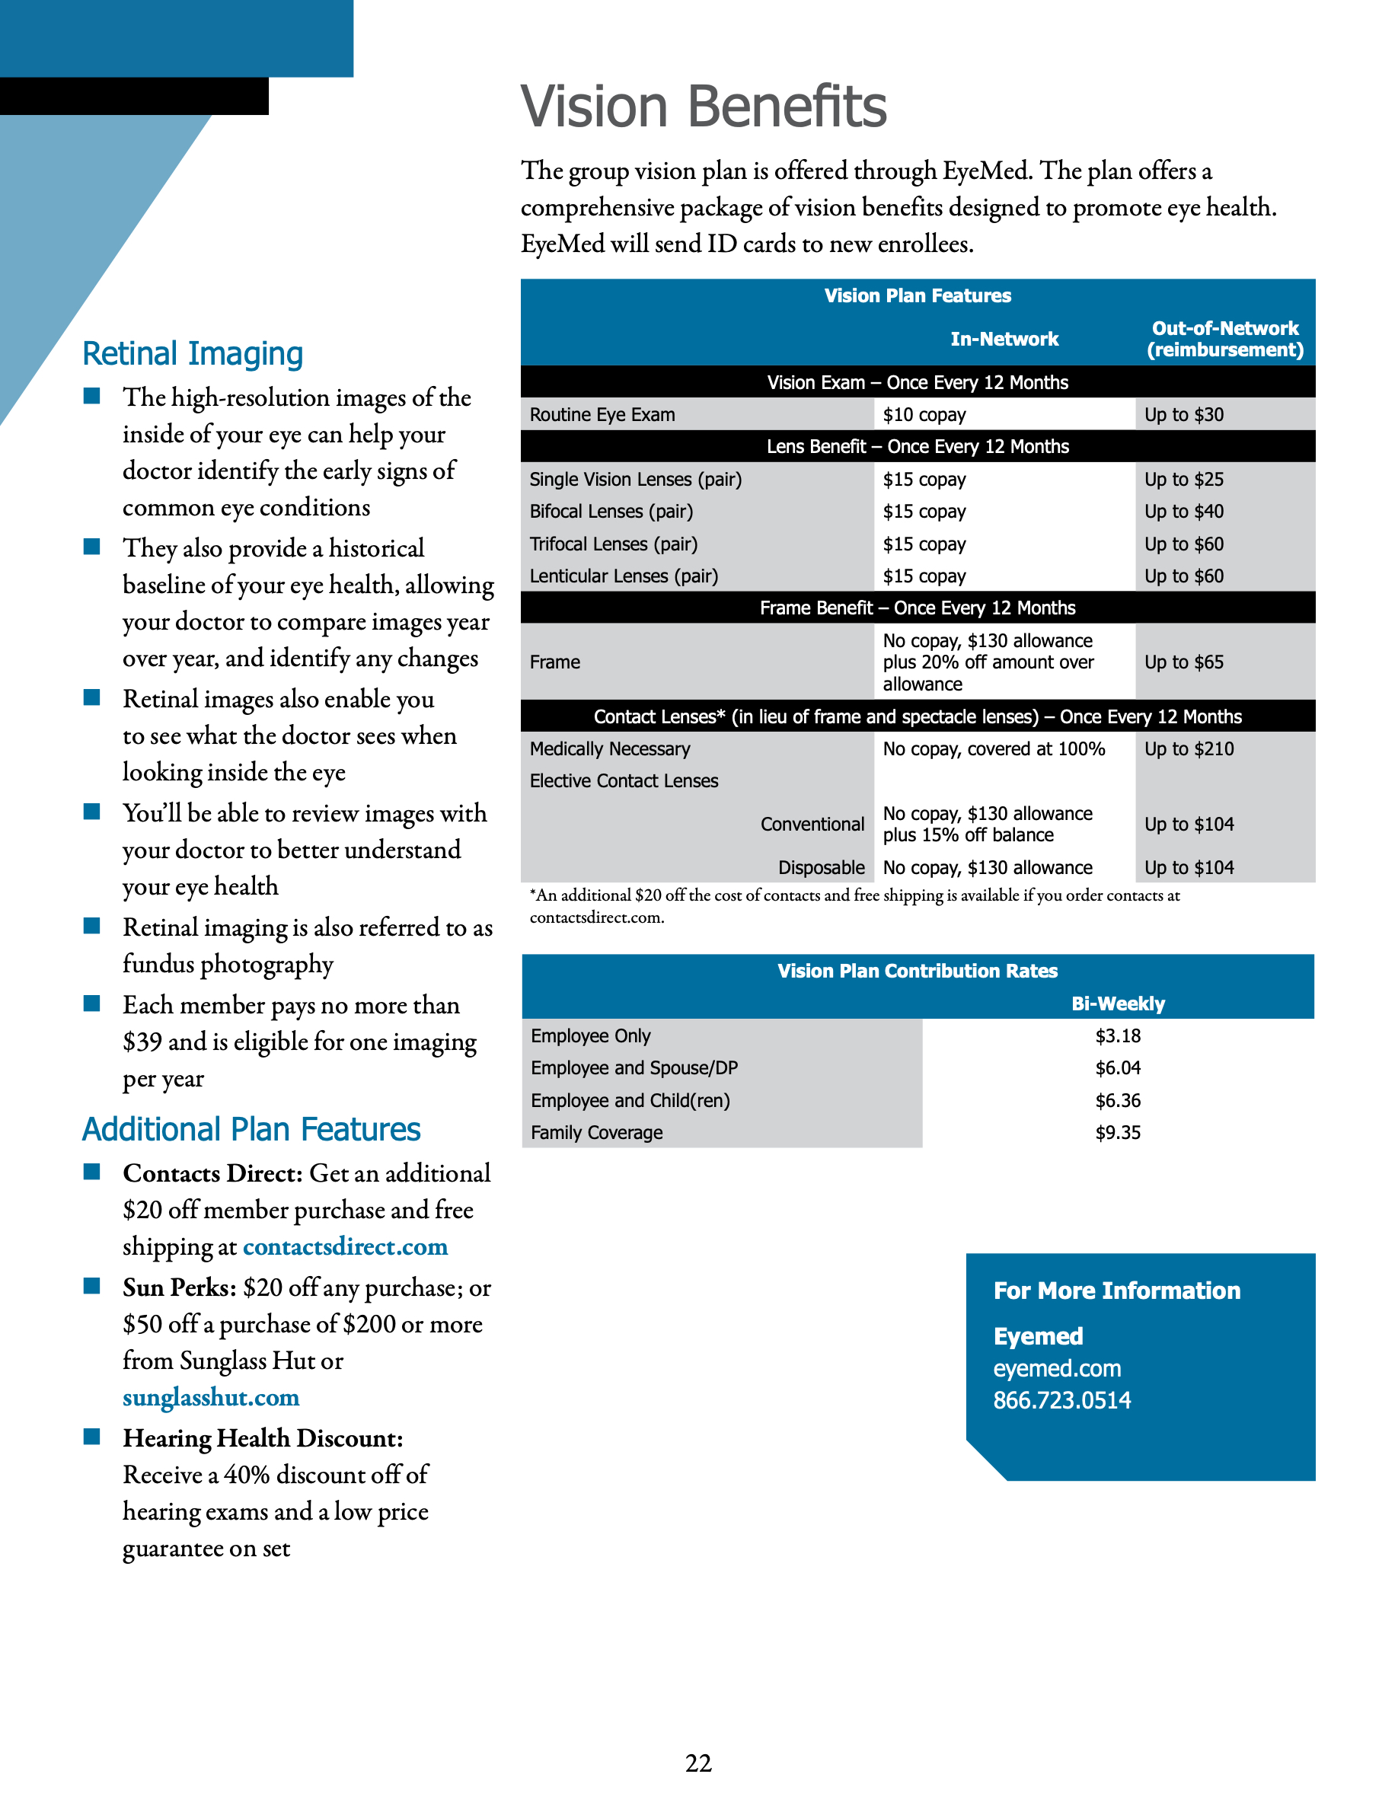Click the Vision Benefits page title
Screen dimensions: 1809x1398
point(703,107)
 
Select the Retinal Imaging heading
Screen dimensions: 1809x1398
point(192,354)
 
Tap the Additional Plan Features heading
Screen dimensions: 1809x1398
point(251,1130)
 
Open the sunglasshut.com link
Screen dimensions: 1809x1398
point(210,1397)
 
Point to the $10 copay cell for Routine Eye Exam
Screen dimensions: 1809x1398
point(924,415)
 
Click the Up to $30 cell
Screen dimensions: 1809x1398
point(1183,415)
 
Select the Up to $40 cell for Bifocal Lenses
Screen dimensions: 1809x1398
point(1183,512)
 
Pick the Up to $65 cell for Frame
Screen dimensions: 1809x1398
point(1183,662)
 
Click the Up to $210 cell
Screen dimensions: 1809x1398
point(1189,750)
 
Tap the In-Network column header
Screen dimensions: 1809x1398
point(1004,339)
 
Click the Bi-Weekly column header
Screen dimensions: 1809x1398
point(1117,1004)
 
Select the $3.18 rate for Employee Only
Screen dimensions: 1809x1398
point(1117,1036)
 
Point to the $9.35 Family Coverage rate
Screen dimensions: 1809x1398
point(1117,1133)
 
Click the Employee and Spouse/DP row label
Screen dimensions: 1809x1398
point(634,1068)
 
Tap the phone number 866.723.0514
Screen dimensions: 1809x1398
point(1061,1401)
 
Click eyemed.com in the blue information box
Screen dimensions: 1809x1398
point(1057,1368)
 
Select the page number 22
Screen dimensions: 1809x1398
point(698,1763)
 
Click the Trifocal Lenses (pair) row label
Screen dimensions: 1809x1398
point(613,544)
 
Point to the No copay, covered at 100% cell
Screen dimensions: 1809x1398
point(993,750)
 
